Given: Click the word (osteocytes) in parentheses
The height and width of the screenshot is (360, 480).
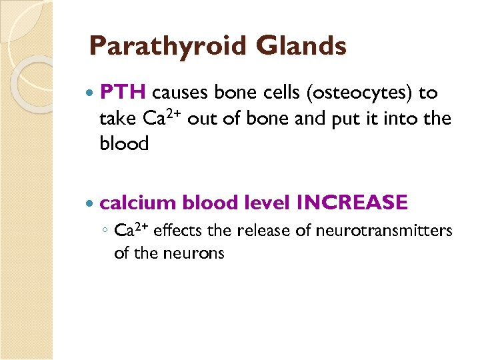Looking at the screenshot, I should [x=358, y=94].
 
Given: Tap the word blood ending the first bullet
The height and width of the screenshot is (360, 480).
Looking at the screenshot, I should [x=124, y=144].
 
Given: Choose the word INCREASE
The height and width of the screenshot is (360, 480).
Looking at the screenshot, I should [x=352, y=202].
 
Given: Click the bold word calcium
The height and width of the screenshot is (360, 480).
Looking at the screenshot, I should [x=138, y=202].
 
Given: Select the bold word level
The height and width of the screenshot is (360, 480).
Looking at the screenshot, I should [x=267, y=202].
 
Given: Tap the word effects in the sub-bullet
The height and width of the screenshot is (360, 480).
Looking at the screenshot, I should [x=181, y=231].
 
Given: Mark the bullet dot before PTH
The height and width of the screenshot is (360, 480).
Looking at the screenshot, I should [x=91, y=95].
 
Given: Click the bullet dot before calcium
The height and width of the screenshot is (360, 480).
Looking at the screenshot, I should [x=91, y=203].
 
